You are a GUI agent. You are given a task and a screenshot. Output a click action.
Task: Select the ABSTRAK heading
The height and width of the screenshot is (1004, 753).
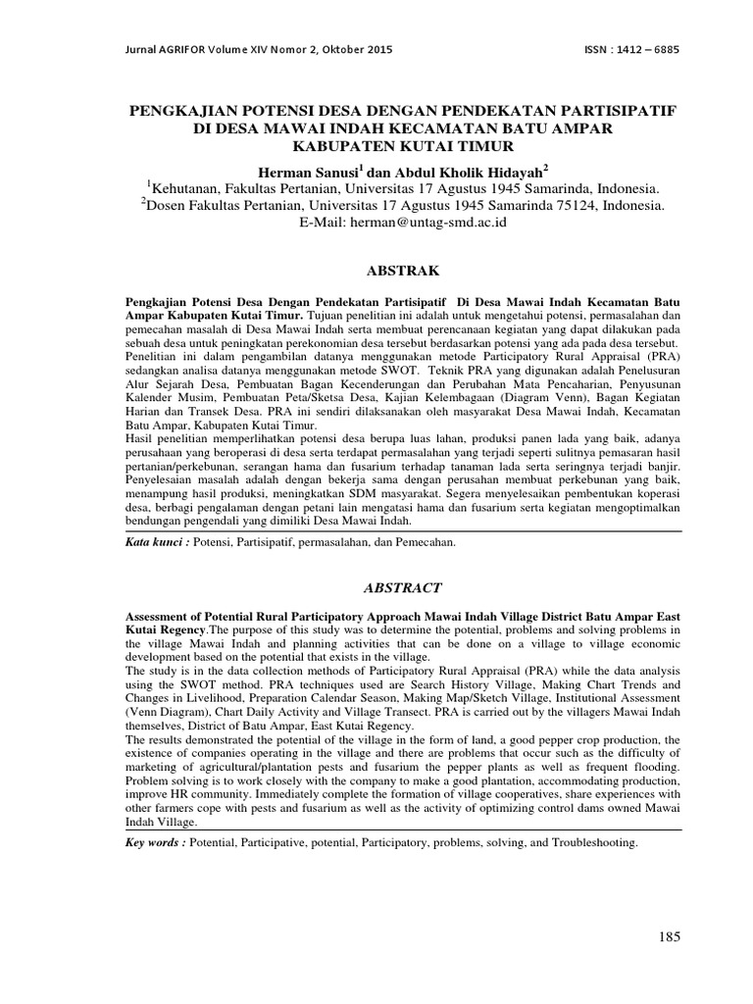tap(403, 269)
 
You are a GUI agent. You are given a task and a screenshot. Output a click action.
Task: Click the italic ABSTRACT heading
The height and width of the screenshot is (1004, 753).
tap(403, 588)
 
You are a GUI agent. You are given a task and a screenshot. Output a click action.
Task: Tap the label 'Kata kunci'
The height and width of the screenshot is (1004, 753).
tap(157, 541)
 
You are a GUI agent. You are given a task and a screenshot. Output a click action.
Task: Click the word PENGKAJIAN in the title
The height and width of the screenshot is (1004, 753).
tap(186, 108)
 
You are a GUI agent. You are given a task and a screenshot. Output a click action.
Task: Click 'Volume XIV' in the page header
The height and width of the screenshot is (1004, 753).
tap(246, 49)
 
